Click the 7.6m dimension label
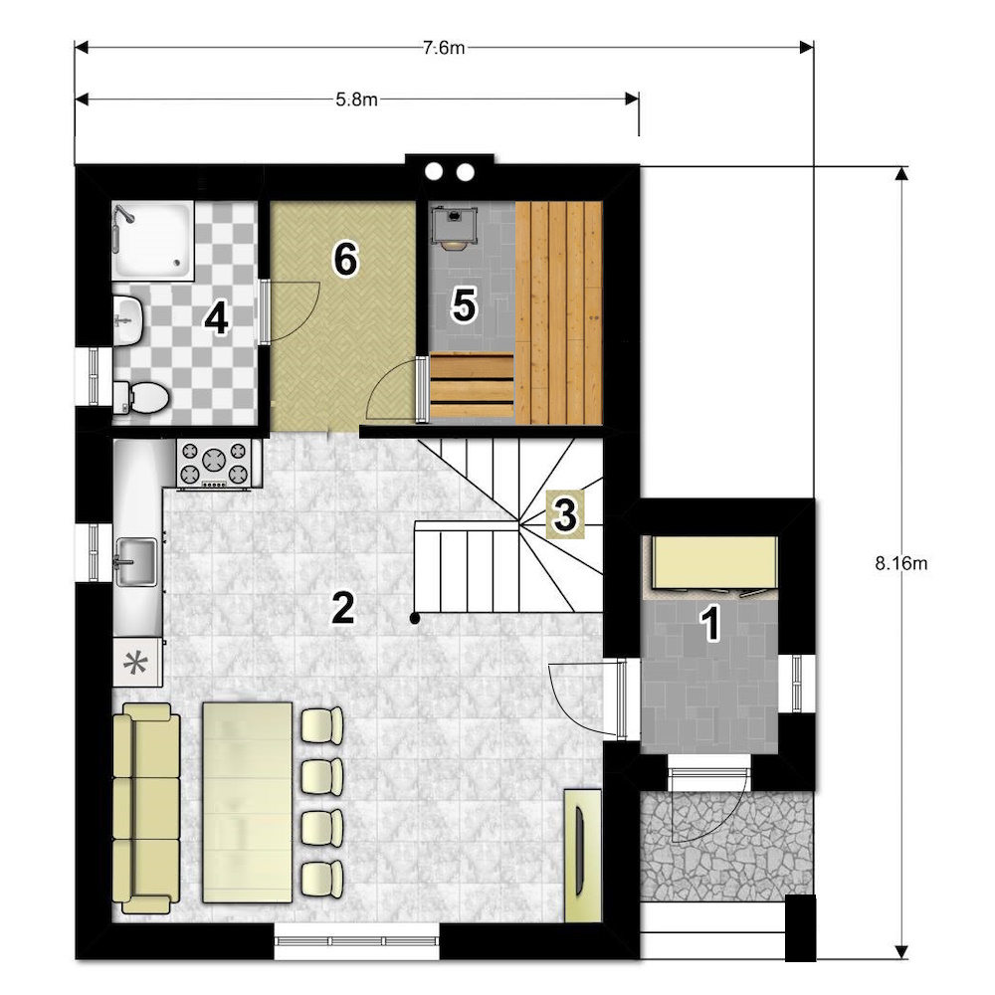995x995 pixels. pos(444,48)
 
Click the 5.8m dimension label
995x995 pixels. pos(356,99)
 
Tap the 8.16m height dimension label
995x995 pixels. pos(901,563)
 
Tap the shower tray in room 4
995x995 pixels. pos(153,241)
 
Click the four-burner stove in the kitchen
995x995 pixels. pos(214,465)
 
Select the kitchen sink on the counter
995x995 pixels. pos(135,562)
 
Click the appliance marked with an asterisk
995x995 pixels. pos(137,663)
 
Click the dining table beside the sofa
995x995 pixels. pos(247,802)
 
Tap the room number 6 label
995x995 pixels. pos(346,260)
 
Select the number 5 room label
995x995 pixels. pos(464,305)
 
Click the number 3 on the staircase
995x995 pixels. pos(565,514)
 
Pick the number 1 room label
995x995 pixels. pos(711,623)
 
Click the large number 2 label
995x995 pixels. pos(342,608)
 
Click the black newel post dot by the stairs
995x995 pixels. pos(414,618)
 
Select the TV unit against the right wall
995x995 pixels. pos(582,856)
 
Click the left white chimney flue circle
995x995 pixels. pos(434,171)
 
